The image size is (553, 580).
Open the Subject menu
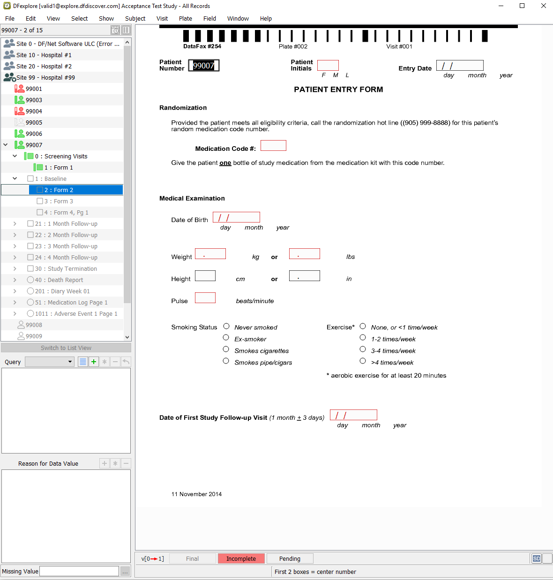[x=135, y=18]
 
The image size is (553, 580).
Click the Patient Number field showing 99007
[x=203, y=66]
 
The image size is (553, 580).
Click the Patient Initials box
[x=328, y=65]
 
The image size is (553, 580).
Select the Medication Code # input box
[x=273, y=145]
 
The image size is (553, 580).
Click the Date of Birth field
[x=236, y=217]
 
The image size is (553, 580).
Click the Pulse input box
[x=205, y=297]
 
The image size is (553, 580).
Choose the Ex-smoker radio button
[x=226, y=337]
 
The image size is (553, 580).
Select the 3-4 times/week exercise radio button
[x=363, y=349]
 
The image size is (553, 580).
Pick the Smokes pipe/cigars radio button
[x=226, y=361]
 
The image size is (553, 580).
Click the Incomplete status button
[x=241, y=558]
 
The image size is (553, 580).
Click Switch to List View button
[x=66, y=348]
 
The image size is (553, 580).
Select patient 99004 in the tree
[x=34, y=111]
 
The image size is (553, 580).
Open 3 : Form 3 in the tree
[x=59, y=201]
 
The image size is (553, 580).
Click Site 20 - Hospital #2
[x=44, y=66]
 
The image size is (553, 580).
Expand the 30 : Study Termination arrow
[x=15, y=268]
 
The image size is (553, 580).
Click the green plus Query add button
[x=94, y=362]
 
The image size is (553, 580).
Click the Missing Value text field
[x=79, y=571]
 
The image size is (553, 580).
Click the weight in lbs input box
[x=304, y=254]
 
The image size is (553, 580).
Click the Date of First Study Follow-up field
[x=353, y=415]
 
